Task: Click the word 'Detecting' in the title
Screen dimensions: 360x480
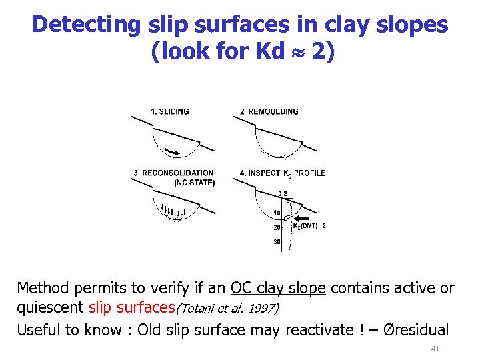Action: point(86,25)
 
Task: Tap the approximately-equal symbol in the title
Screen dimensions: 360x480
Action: point(296,53)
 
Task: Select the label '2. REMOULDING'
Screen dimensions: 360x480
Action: point(269,111)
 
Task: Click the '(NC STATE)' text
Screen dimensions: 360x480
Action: point(194,182)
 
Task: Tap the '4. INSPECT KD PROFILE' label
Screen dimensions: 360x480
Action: point(283,173)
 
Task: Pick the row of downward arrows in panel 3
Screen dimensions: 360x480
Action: point(175,213)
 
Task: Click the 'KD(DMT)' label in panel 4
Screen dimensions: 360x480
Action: point(305,226)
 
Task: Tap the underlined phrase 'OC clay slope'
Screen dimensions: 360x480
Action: point(277,288)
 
